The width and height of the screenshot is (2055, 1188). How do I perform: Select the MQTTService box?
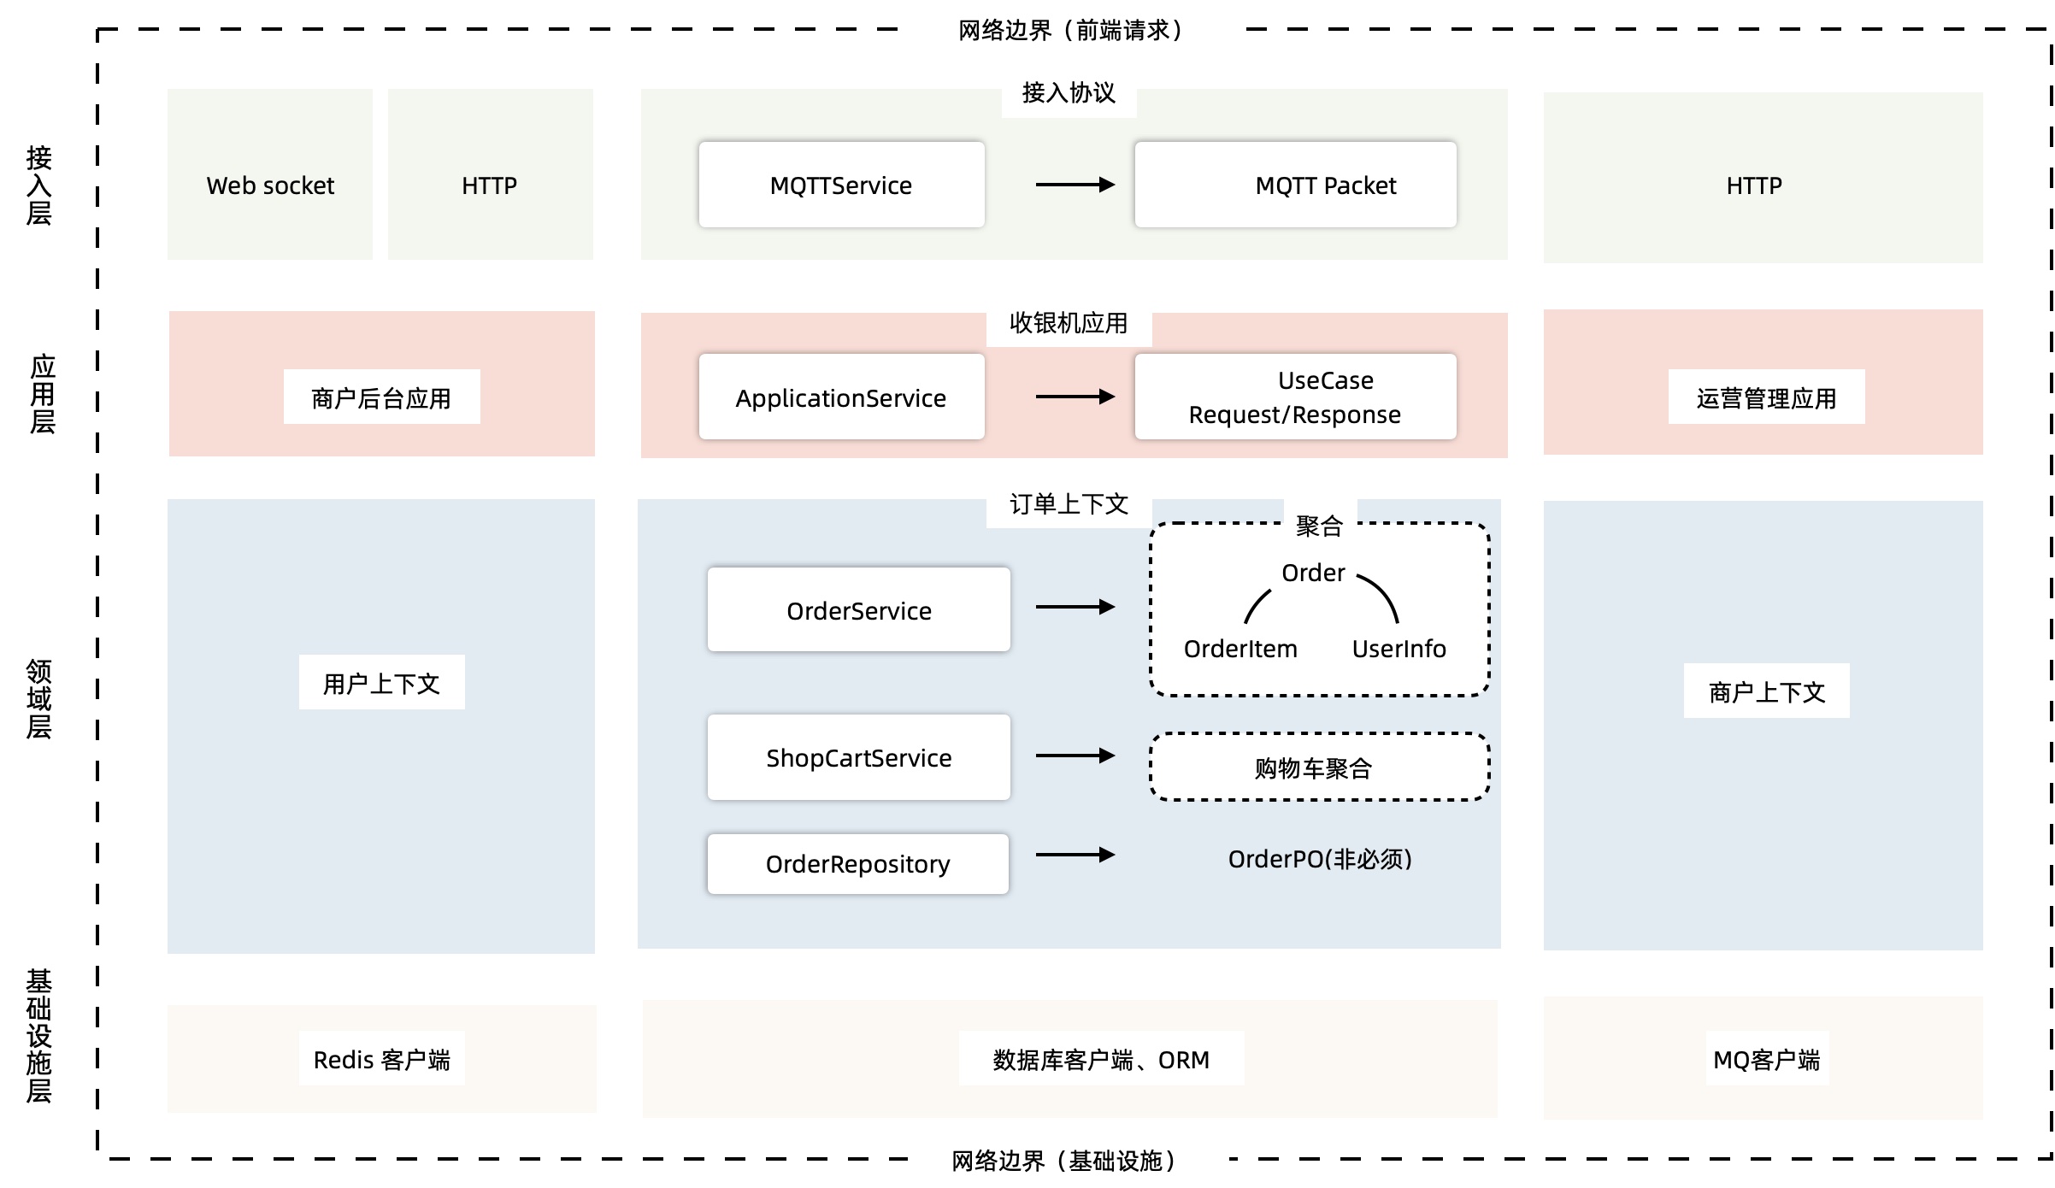pos(841,185)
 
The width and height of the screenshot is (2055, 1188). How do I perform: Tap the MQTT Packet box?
pos(1295,185)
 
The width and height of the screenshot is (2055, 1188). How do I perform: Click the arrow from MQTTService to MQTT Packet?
pos(1075,185)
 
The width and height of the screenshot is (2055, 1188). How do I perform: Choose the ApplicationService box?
pos(841,397)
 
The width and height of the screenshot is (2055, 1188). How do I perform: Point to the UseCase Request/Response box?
pos(1295,397)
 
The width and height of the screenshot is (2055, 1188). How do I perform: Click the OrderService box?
pos(858,610)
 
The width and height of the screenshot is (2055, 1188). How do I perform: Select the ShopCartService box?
pos(858,757)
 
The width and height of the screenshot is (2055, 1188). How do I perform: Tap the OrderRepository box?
pos(857,864)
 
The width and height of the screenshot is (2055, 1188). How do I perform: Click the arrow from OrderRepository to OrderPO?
pos(1075,855)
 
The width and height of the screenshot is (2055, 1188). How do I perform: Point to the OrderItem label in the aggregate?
pos(1239,649)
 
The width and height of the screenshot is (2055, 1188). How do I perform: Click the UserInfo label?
pos(1398,649)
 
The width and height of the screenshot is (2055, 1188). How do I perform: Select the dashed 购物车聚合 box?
pos(1319,767)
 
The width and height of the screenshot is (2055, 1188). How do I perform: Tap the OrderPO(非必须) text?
pos(1319,859)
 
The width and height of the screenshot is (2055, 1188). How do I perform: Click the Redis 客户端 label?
pos(381,1060)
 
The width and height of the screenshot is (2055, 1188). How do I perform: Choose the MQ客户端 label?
pos(1766,1060)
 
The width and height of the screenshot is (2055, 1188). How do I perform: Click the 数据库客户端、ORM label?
pos(1100,1060)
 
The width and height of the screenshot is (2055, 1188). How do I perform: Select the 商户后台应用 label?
pos(381,397)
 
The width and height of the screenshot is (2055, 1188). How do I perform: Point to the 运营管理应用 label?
pos(1766,397)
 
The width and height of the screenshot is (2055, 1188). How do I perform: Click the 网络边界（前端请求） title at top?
pos(1069,31)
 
